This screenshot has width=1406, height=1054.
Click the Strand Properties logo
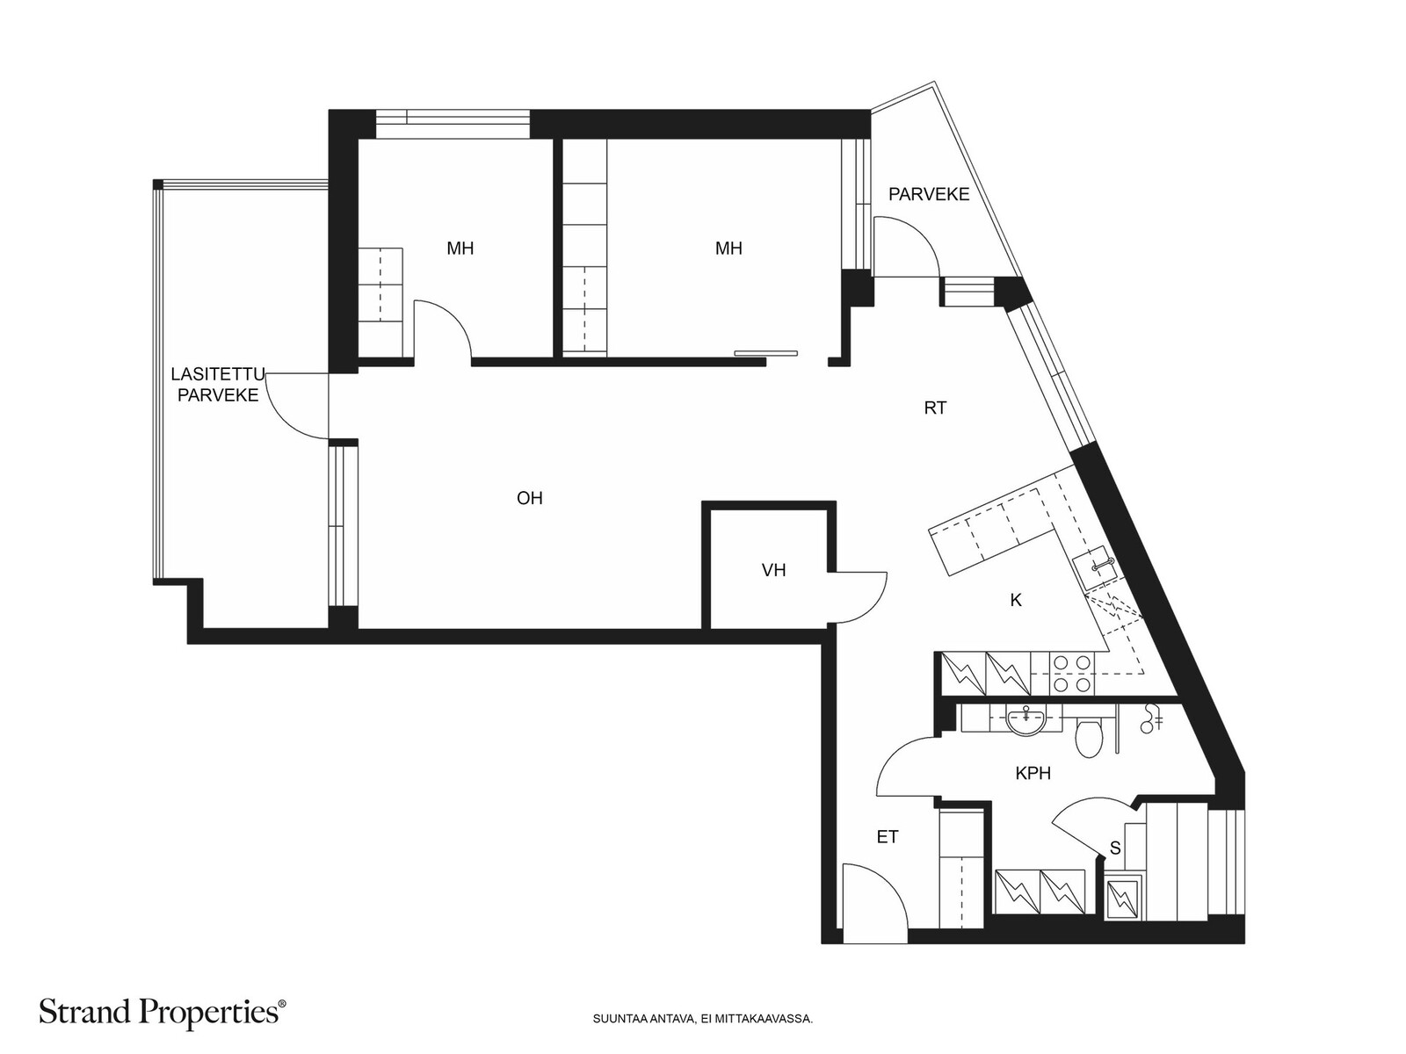[162, 1012]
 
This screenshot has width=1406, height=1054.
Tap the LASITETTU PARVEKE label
[219, 385]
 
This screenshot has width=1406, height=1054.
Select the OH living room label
[530, 498]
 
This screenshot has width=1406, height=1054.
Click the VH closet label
[774, 570]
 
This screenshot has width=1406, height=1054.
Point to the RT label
[935, 408]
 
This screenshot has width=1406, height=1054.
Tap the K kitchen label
[1016, 600]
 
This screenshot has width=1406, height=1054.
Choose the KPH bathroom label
[1033, 774]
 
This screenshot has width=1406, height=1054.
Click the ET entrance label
[888, 836]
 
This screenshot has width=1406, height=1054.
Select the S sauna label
[1115, 848]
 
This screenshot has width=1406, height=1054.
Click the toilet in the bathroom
[1088, 740]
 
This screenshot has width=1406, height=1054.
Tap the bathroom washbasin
[1026, 720]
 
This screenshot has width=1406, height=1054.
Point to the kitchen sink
[1098, 568]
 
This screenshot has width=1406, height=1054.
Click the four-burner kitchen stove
[1071, 673]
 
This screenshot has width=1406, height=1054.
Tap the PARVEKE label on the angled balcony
[929, 194]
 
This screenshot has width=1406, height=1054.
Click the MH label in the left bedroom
[460, 249]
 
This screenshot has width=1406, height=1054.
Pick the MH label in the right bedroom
[728, 249]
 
